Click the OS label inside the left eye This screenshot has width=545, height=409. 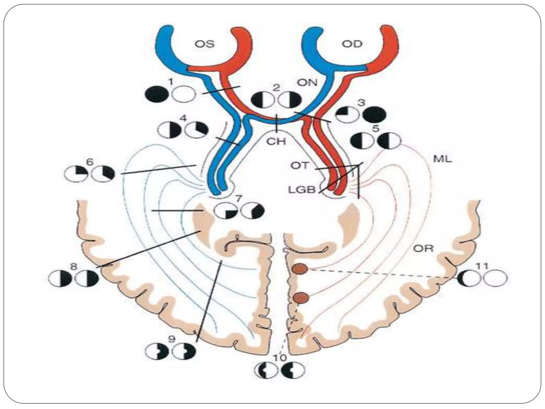204,44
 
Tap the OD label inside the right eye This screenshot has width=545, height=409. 352,44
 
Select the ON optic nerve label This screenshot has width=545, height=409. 307,83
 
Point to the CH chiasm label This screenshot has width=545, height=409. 277,141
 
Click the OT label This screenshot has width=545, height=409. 299,166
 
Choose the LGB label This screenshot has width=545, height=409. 302,190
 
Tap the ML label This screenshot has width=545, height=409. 443,159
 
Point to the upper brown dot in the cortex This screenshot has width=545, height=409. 300,269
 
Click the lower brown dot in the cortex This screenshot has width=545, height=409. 301,297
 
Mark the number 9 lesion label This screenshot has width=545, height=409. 172,339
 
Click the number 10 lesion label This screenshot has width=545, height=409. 279,358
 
